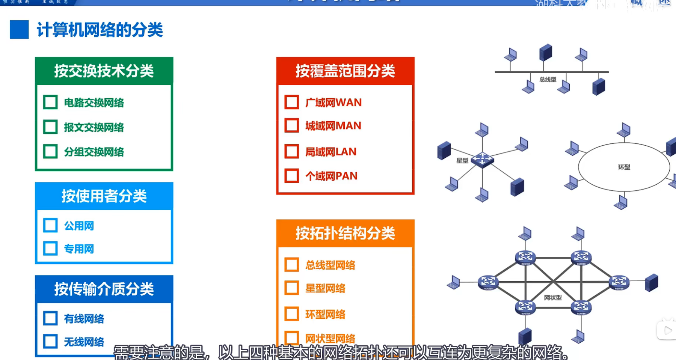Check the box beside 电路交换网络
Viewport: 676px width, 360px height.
(x=50, y=102)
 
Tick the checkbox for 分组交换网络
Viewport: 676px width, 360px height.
(x=50, y=151)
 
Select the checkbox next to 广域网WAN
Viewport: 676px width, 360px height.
(x=291, y=102)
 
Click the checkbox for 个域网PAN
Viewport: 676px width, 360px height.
(x=291, y=176)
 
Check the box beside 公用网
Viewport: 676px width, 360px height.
(x=50, y=225)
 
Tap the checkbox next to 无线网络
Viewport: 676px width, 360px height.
(x=50, y=342)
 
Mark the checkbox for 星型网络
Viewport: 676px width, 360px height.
(x=291, y=288)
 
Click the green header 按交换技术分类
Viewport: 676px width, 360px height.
(x=104, y=71)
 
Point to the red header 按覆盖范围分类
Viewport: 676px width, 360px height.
(x=345, y=71)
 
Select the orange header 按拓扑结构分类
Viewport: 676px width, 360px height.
(x=345, y=233)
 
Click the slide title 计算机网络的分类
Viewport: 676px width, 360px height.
(x=100, y=30)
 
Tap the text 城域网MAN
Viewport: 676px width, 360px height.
(x=333, y=126)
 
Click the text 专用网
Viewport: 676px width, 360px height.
(x=79, y=249)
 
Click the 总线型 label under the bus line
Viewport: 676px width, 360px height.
(x=548, y=80)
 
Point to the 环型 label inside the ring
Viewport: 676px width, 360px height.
(x=624, y=167)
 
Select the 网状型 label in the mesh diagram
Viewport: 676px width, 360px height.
(x=553, y=298)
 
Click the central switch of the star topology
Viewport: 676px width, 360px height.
(x=483, y=159)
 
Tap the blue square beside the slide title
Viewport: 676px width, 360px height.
(x=19, y=30)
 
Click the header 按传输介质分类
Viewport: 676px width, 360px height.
(x=104, y=289)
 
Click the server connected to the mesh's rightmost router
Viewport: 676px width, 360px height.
(x=652, y=283)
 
